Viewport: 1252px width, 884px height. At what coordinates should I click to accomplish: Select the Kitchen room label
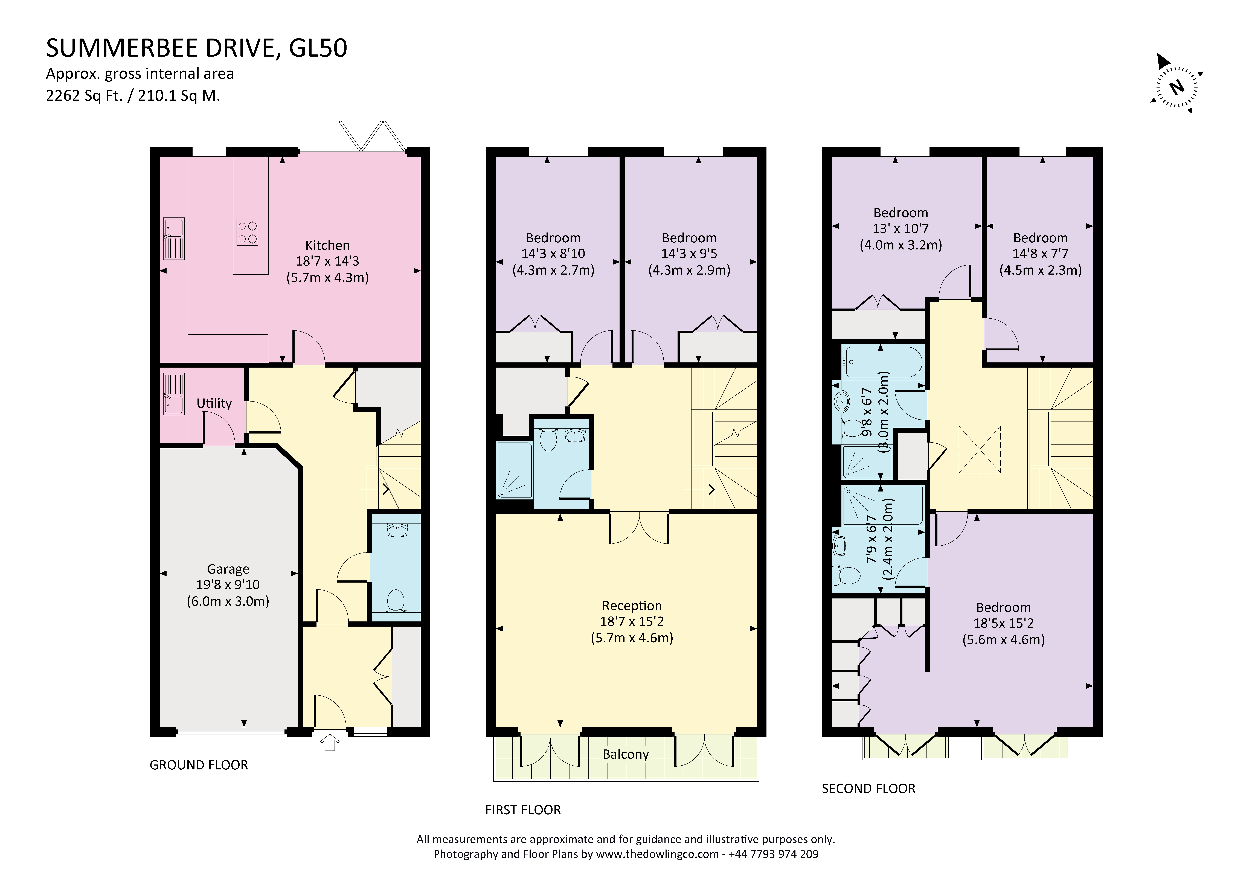[x=327, y=245]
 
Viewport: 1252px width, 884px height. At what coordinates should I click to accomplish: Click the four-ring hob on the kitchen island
[x=247, y=233]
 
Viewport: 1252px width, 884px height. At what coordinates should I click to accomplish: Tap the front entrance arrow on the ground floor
[x=329, y=742]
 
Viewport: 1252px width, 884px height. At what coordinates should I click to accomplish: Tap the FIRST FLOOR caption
[x=523, y=810]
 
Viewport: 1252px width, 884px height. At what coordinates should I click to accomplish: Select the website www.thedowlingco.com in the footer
[x=657, y=854]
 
